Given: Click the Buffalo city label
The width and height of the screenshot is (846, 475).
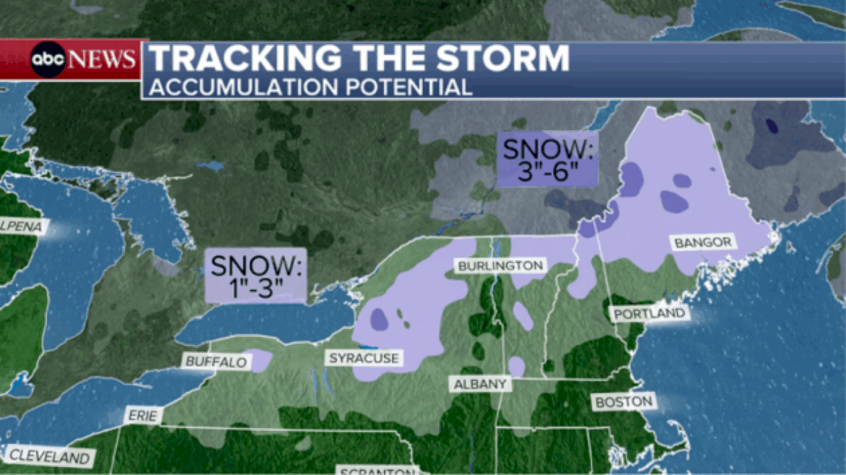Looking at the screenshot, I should click(x=215, y=361).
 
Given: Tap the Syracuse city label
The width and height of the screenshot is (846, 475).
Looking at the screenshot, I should click(x=364, y=358).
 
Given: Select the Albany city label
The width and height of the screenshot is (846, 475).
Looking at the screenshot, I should click(x=479, y=385).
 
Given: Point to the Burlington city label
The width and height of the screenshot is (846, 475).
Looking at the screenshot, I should click(x=500, y=265).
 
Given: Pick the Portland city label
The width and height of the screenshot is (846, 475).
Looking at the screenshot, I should click(x=649, y=313).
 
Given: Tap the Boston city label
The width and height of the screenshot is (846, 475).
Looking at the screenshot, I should click(x=623, y=401).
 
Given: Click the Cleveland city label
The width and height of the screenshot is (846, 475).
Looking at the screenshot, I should click(x=50, y=457).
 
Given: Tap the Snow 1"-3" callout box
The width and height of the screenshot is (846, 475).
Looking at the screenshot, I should click(x=257, y=275).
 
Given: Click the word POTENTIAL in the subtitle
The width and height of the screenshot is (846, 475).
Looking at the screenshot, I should click(x=406, y=87).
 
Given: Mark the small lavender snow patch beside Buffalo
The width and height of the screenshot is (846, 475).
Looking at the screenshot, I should click(x=261, y=360).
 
